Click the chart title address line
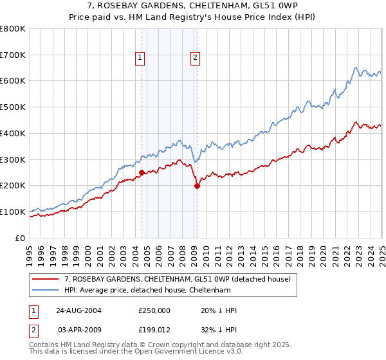pyautogui.click(x=193, y=7)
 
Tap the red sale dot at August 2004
pyautogui.click(x=142, y=172)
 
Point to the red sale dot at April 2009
pyautogui.click(x=197, y=186)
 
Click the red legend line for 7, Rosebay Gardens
pyautogui.click(x=46, y=279)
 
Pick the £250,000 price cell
pyautogui.click(x=154, y=310)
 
